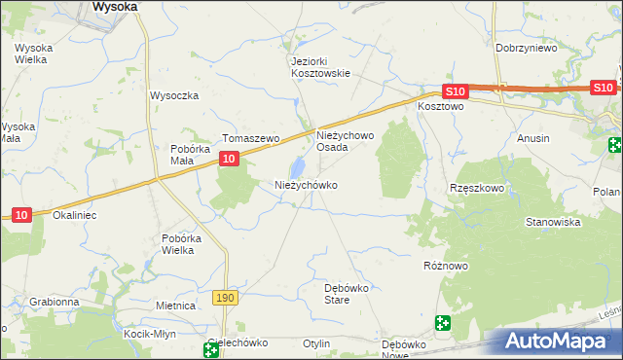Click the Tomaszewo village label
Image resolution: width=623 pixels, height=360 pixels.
251,138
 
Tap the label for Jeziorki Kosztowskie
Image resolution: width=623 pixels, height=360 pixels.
320,66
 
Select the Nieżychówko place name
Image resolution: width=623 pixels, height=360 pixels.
306,184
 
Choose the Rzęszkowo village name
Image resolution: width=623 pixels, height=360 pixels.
476,187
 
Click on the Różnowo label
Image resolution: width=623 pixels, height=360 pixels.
447,264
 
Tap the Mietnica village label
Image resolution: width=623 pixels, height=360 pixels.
176,305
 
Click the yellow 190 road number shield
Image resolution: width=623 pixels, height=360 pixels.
226,297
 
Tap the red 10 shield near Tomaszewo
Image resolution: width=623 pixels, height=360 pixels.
228,159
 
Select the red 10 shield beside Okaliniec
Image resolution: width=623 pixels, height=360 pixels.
20,214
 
